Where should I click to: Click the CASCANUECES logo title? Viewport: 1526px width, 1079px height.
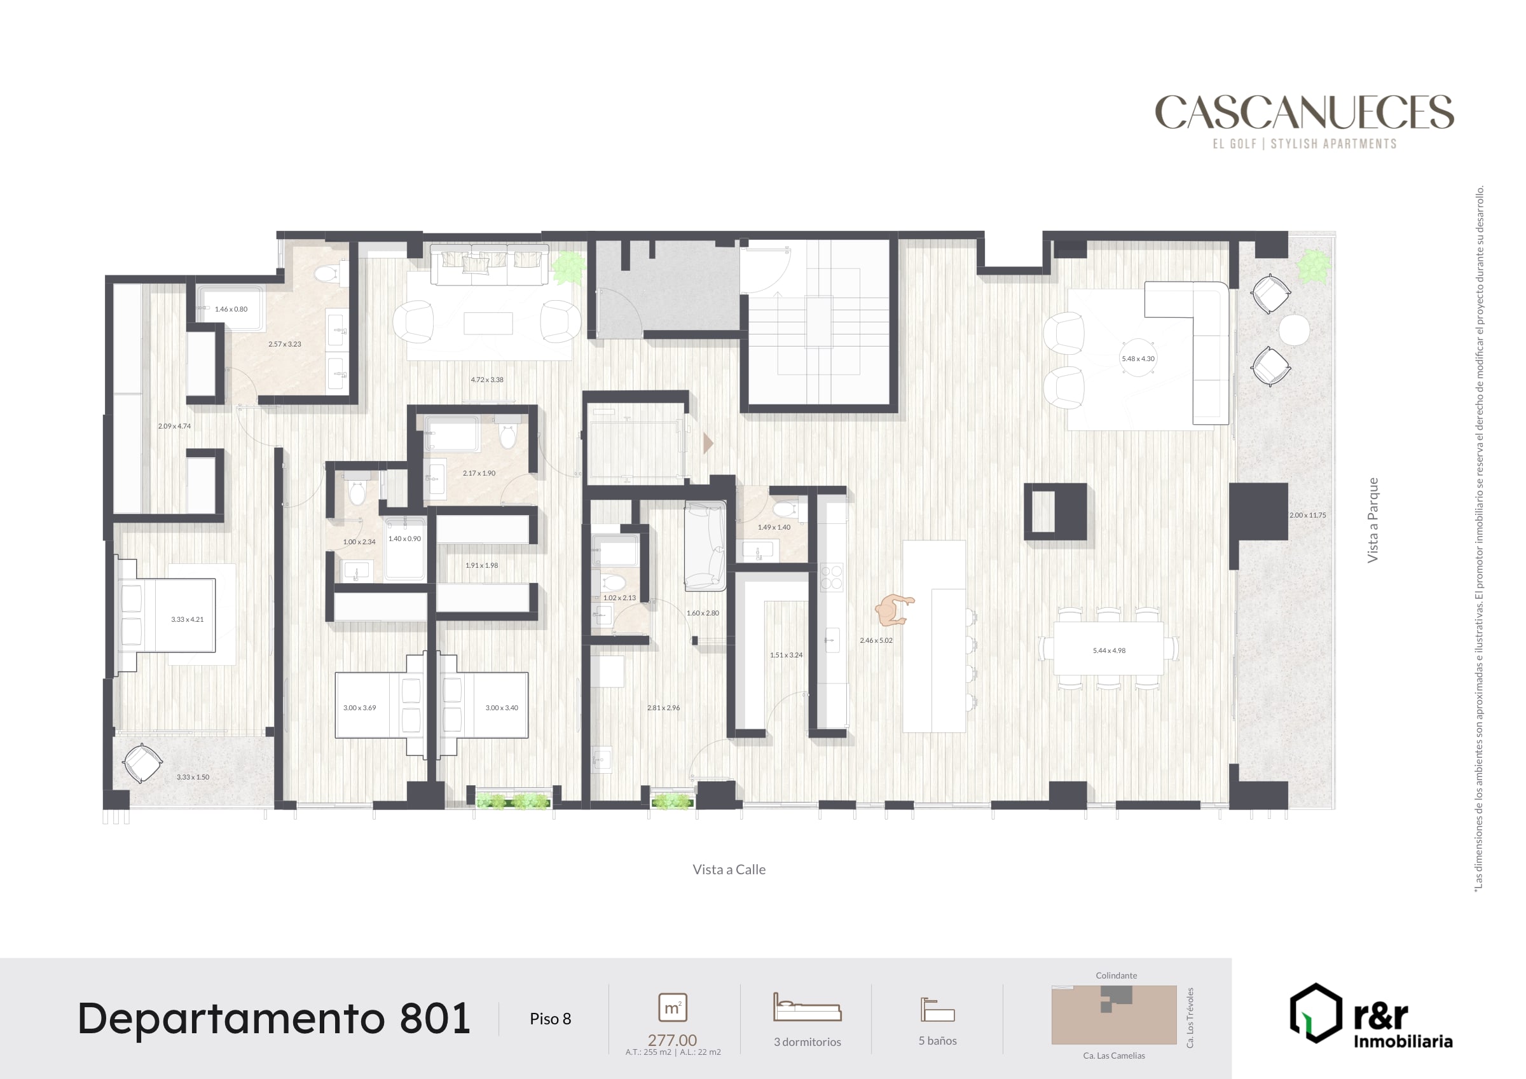tap(1304, 112)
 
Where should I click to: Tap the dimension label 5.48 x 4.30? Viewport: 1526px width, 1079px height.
tap(1138, 359)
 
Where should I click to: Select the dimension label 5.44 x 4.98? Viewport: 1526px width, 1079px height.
tap(1110, 651)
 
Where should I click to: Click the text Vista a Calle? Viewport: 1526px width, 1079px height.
tap(729, 870)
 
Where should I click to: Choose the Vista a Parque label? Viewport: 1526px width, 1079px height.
tap(1373, 520)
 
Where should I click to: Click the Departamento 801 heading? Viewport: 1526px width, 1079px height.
tap(274, 1019)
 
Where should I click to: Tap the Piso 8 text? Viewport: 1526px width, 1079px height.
tap(551, 1019)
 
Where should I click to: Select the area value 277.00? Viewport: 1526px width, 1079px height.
tap(672, 1040)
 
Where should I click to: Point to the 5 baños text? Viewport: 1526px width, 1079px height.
tap(937, 1041)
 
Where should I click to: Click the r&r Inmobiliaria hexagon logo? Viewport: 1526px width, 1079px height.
tap(1316, 1013)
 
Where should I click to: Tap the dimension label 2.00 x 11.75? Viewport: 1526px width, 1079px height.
tap(1307, 515)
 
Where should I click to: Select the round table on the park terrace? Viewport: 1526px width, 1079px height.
tap(1294, 330)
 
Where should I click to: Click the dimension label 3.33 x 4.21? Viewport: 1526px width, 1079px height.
tap(188, 619)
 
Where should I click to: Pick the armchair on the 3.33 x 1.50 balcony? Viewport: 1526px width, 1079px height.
tap(142, 764)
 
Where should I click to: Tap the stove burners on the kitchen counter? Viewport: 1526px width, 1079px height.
tap(831, 577)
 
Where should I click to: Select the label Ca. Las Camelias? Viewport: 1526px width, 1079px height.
tap(1114, 1055)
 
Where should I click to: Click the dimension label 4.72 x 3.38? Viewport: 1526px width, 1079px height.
tap(487, 380)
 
